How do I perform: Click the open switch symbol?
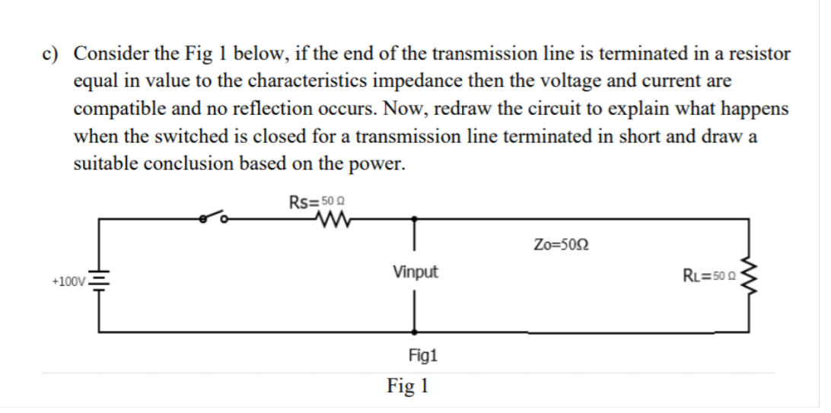pyautogui.click(x=215, y=218)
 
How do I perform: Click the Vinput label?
pyautogui.click(x=415, y=272)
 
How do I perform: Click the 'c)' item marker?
pyautogui.click(x=51, y=55)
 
